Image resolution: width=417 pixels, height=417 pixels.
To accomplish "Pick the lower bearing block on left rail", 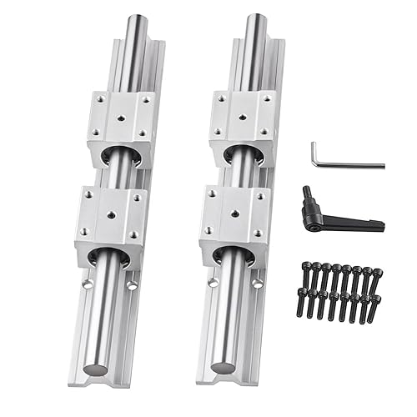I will (111, 224).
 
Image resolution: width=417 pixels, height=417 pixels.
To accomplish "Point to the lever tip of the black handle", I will (379, 224).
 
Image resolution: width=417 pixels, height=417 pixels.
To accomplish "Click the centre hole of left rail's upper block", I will (123, 118).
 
